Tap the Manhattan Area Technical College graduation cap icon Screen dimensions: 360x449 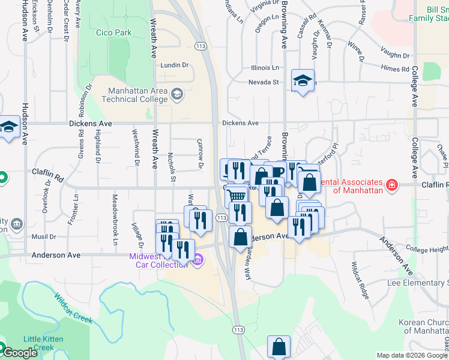click(176, 94)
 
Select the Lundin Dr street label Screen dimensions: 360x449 click(174, 65)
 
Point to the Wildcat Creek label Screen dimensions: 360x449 click(73, 307)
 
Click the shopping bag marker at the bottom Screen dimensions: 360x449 click(279, 346)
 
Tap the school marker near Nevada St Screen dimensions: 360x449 click(303, 80)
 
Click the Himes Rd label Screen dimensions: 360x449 click(395, 70)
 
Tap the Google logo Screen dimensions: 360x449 click(19, 353)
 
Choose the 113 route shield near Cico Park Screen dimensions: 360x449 click(200, 45)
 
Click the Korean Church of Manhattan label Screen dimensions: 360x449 click(423, 326)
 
